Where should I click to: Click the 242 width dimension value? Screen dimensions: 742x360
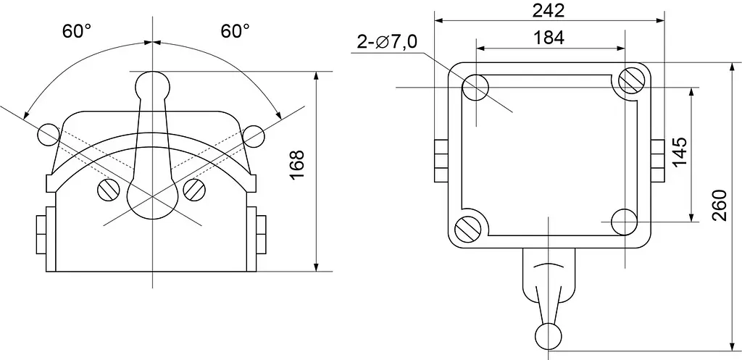click(549, 10)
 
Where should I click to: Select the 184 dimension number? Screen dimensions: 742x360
click(549, 38)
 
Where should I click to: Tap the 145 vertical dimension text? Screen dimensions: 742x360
click(680, 152)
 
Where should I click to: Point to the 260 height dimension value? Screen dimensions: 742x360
click(720, 205)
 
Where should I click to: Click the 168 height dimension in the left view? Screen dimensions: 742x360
click(296, 165)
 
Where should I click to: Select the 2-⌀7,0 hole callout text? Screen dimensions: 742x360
click(387, 42)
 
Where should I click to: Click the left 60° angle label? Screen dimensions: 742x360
click(77, 31)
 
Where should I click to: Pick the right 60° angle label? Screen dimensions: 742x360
click(235, 31)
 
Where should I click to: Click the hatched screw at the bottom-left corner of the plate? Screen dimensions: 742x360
click(468, 229)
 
